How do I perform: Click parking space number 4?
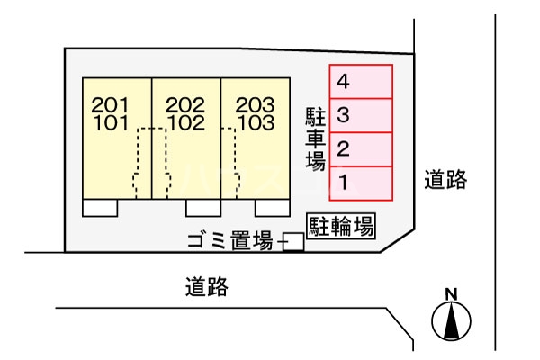point(361,82)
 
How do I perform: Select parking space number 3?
point(361,115)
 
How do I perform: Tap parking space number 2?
point(361,148)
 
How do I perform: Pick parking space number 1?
point(361,183)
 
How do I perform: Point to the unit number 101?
point(110,121)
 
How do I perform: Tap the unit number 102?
point(186,121)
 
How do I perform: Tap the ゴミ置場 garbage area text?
point(229,240)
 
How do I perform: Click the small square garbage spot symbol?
point(292,242)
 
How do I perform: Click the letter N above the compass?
point(452,292)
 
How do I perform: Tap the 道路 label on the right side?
point(445,180)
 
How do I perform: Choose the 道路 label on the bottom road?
point(207,287)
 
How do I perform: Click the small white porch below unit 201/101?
point(100,208)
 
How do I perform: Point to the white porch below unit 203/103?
point(272,208)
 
